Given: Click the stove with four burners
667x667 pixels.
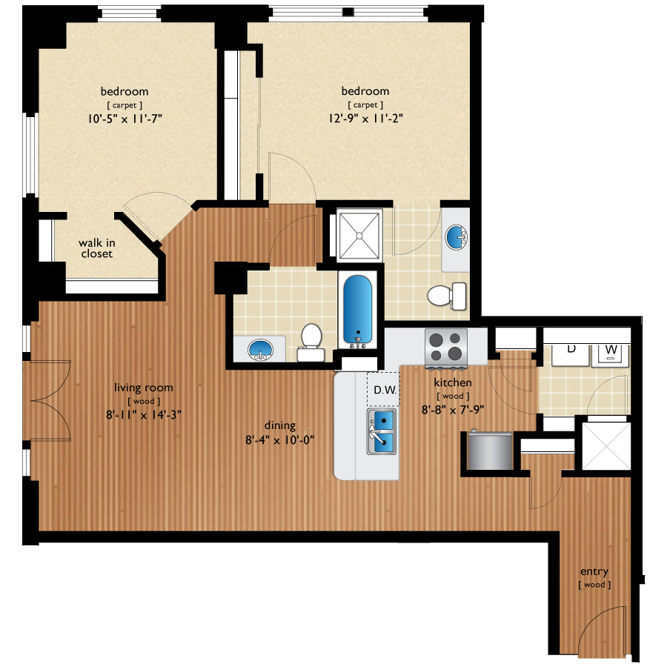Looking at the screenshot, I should pos(445,348).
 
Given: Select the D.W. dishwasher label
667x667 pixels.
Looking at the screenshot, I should pos(382,390).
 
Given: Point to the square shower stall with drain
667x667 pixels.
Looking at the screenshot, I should pos(359,235).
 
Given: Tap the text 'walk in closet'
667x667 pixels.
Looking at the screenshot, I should pos(97,248).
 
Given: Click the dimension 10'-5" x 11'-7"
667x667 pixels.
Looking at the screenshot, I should pos(125,117).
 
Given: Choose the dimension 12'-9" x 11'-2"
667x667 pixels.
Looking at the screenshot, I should pos(365,117).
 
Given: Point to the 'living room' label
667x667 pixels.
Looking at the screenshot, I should pos(144,387).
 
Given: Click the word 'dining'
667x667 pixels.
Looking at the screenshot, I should pos(279,425).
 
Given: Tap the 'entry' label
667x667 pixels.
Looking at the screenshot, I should pos(594,571).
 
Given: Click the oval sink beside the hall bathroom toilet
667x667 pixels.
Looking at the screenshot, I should pos(259,348).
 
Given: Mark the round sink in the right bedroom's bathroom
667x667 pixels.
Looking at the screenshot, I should pos(454,238).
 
